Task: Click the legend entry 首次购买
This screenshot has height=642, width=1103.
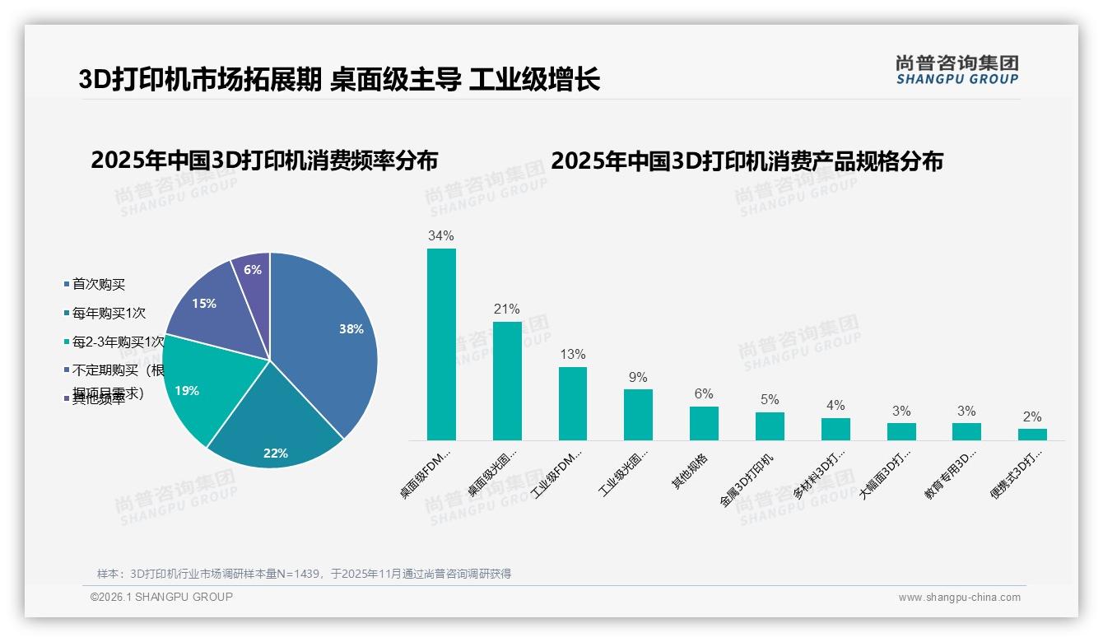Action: pyautogui.click(x=98, y=284)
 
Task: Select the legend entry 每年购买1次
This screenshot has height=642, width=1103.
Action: pyautogui.click(x=108, y=313)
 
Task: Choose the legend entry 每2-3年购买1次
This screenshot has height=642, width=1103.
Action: pyautogui.click(x=117, y=342)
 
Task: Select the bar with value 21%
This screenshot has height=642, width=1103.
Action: pyautogui.click(x=507, y=380)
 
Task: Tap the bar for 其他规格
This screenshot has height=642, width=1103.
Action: pyautogui.click(x=704, y=423)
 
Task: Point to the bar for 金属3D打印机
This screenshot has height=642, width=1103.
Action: pyautogui.click(x=770, y=426)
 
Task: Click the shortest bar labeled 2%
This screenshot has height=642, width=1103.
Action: pyautogui.click(x=1032, y=434)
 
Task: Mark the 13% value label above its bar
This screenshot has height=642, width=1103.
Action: pyautogui.click(x=572, y=354)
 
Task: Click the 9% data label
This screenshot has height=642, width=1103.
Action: pyautogui.click(x=638, y=377)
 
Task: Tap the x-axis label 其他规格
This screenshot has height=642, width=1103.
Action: pyautogui.click(x=690, y=472)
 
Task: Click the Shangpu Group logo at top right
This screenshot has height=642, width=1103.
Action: pyautogui.click(x=957, y=69)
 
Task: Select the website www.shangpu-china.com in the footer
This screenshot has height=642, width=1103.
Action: pyautogui.click(x=959, y=598)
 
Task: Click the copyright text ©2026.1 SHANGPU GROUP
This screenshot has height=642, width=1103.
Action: pyautogui.click(x=161, y=597)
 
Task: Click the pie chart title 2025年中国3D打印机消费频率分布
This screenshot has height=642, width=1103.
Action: pyautogui.click(x=264, y=160)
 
